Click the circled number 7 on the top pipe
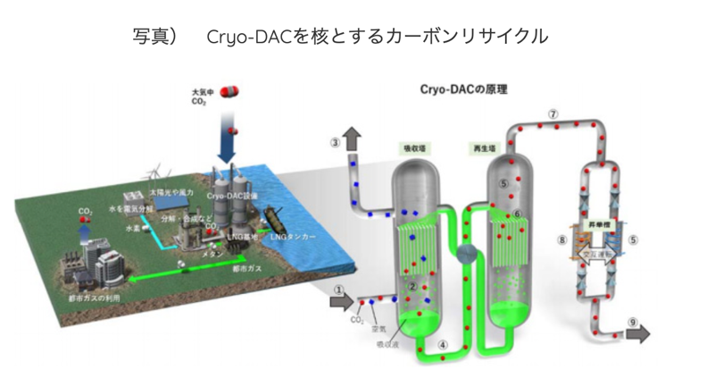553,115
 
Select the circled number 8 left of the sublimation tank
561,239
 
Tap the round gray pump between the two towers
466,256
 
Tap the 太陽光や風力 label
170,191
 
